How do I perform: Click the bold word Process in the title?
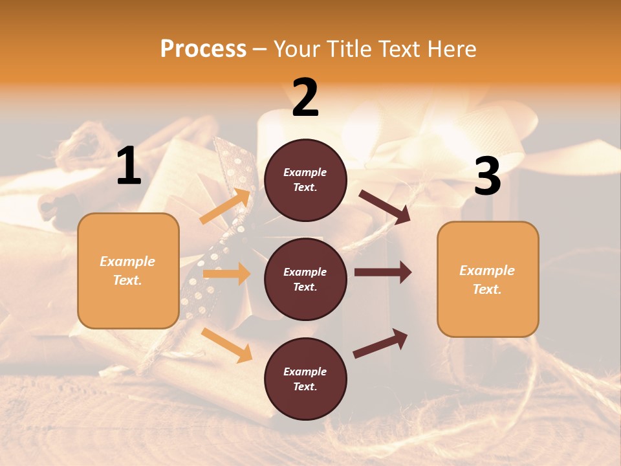(x=203, y=49)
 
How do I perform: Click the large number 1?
(x=129, y=166)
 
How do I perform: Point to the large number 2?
(x=305, y=98)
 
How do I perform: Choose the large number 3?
(x=487, y=177)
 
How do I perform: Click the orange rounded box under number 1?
(x=128, y=271)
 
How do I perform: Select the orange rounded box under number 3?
(x=488, y=280)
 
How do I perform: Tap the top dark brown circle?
(x=305, y=180)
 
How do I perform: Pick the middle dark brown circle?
(x=305, y=279)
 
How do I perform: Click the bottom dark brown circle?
(x=305, y=379)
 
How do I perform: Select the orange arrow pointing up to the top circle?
(x=225, y=206)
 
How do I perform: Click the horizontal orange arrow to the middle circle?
(x=226, y=274)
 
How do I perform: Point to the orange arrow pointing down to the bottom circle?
(x=226, y=345)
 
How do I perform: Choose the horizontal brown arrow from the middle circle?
(x=383, y=272)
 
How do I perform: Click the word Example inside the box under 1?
(x=127, y=261)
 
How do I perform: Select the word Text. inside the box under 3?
(x=487, y=289)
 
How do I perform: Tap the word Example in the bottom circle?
(x=305, y=372)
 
